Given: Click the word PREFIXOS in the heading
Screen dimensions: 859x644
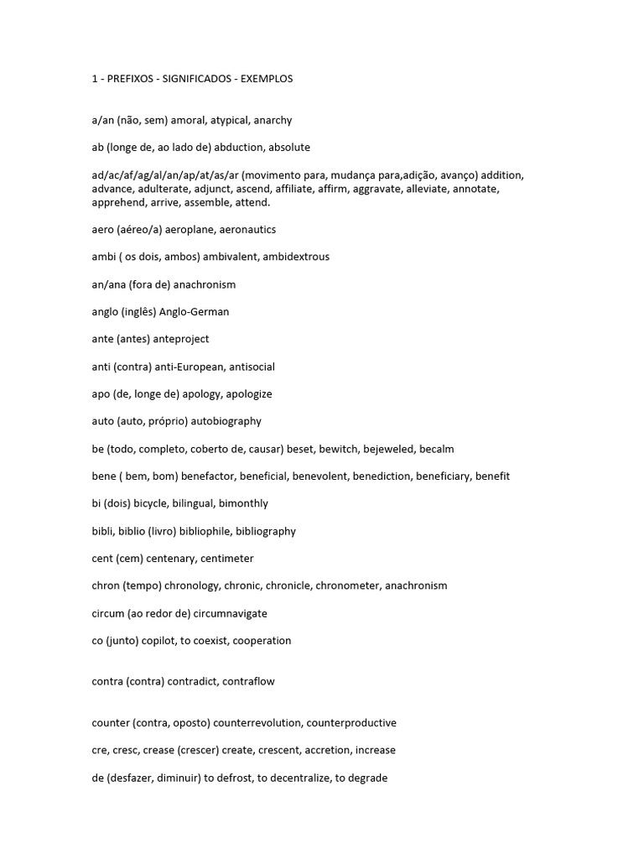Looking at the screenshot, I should coord(130,79).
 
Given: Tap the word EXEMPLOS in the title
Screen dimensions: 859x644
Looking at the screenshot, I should coord(267,79).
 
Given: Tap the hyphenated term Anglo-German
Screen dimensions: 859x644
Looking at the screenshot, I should coord(194,312).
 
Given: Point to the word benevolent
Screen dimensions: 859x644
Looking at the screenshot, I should coord(323,476).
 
